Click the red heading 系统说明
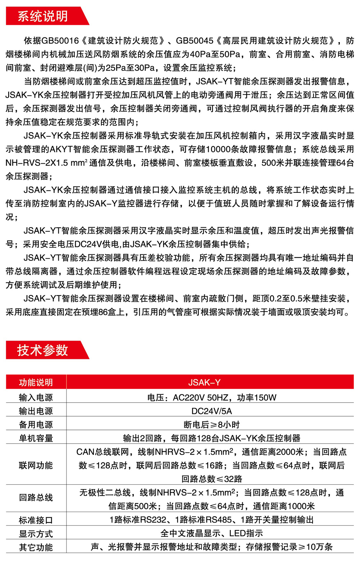42,16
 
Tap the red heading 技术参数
42,350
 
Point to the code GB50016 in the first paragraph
60,41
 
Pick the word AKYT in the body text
62,149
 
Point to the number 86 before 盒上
103,312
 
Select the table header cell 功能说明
36,382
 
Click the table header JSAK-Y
204,382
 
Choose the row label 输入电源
36,398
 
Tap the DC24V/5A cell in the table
212,411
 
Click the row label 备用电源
36,425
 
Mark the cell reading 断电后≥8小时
212,425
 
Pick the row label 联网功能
36,465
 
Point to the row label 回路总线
36,498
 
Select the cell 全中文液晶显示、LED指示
212,533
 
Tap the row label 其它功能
36,547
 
